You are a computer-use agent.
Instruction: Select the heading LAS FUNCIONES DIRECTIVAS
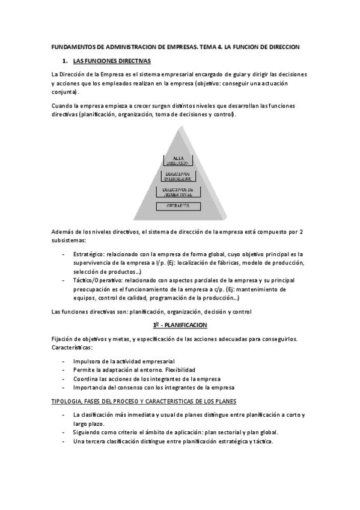coord(112,61)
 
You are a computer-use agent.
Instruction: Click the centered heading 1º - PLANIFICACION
coord(180,325)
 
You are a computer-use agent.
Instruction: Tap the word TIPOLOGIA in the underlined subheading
coord(68,401)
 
